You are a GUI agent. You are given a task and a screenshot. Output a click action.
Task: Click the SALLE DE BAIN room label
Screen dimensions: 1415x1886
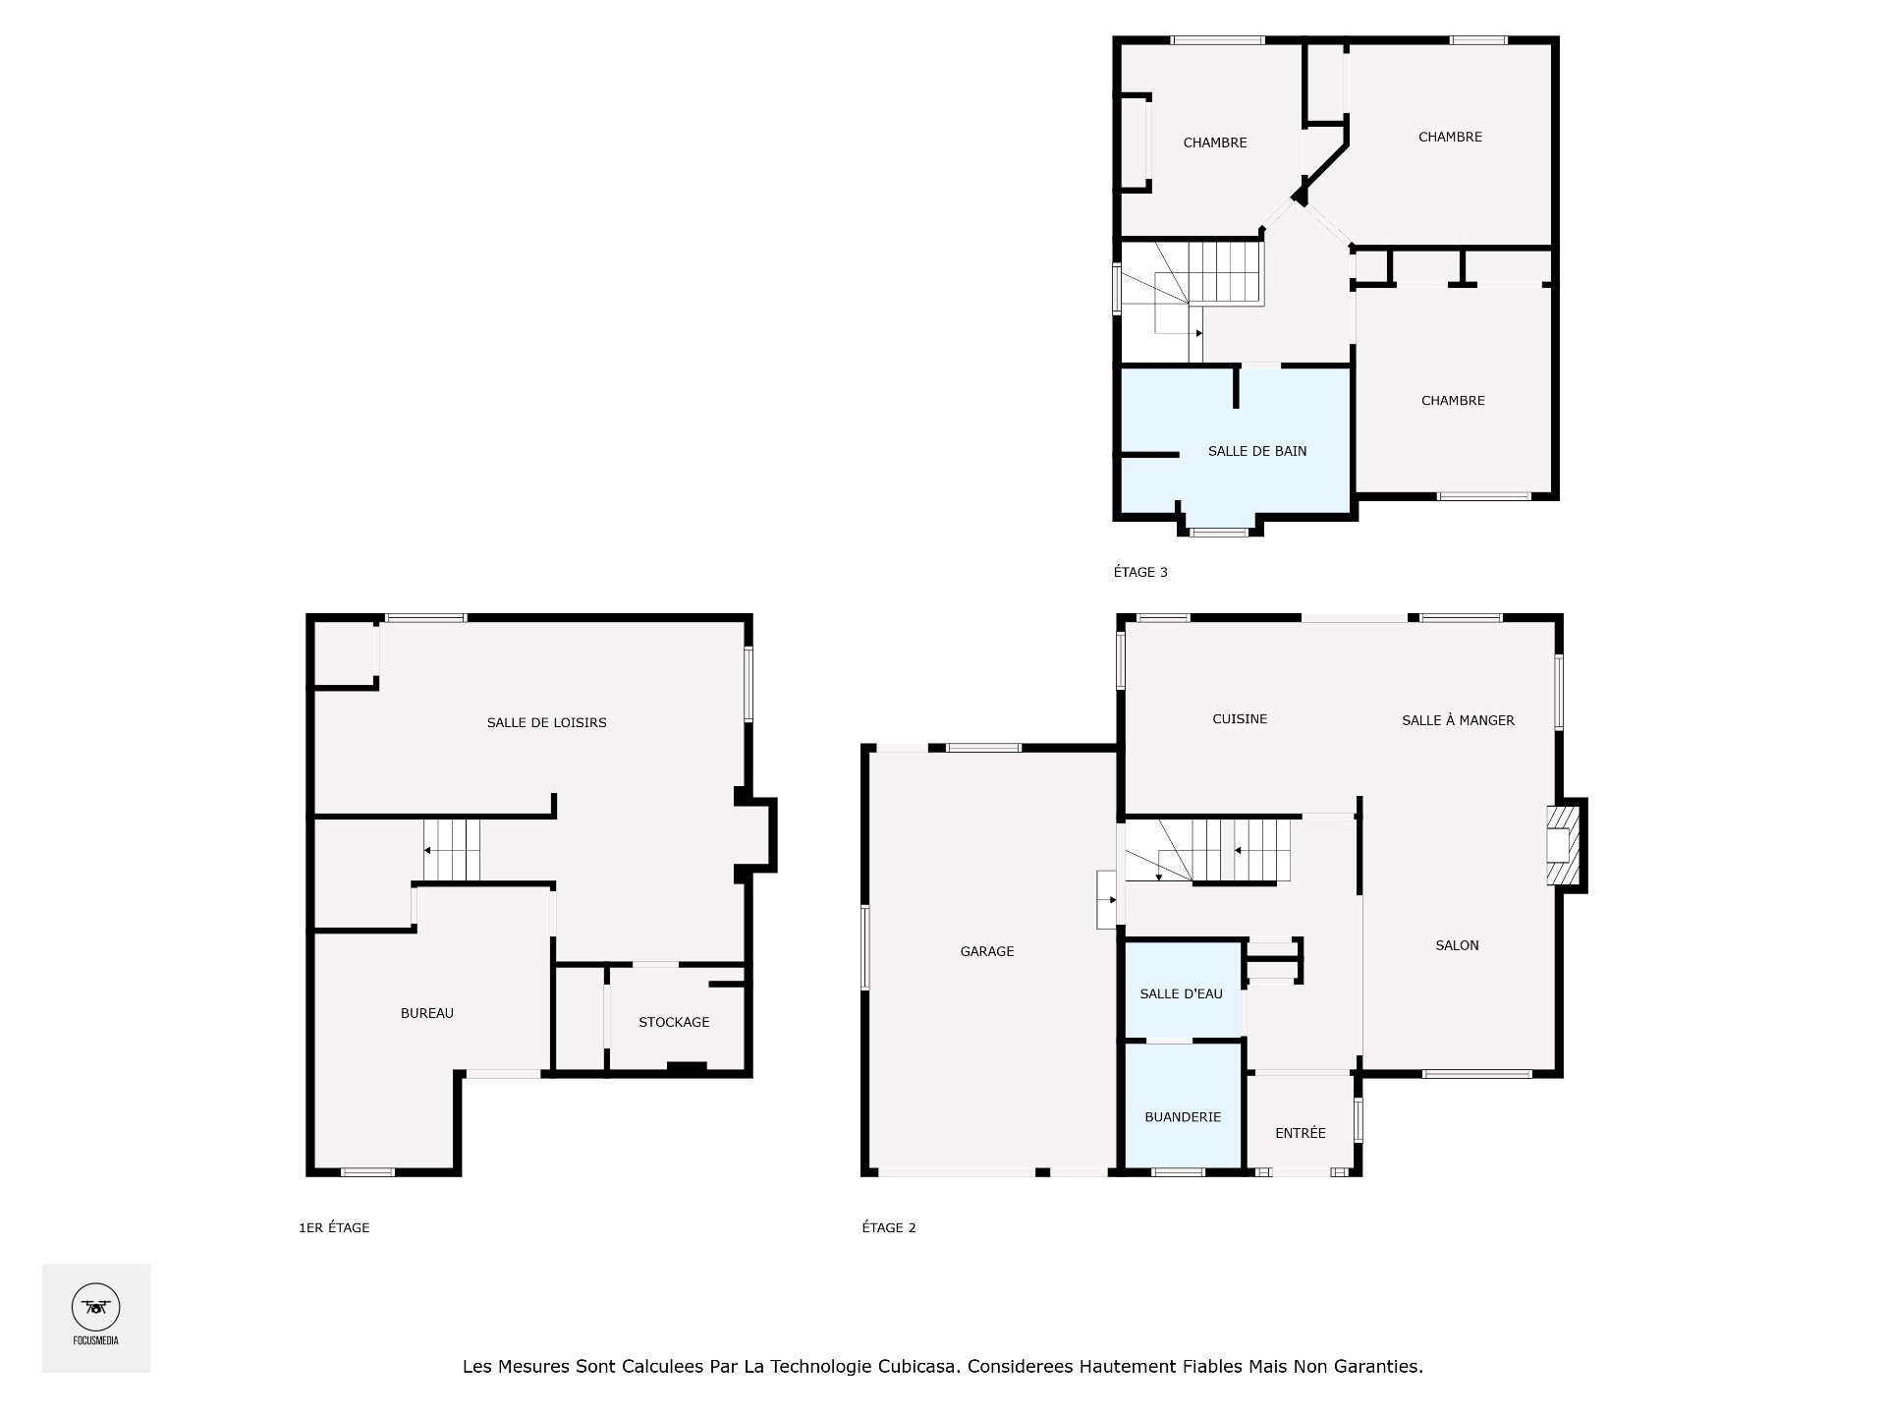coord(1256,451)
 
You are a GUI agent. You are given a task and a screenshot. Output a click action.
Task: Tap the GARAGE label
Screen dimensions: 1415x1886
coord(986,951)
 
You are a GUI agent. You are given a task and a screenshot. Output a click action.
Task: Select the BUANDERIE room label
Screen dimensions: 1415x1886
coord(1182,1117)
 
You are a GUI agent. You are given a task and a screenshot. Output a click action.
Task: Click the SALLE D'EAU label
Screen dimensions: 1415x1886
coord(1181,993)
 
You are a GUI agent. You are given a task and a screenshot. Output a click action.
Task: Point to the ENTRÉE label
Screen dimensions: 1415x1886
coord(1300,1133)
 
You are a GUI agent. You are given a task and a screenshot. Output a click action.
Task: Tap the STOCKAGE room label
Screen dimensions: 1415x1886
coord(673,1022)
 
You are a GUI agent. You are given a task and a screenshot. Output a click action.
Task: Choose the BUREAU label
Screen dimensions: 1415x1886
coord(426,1013)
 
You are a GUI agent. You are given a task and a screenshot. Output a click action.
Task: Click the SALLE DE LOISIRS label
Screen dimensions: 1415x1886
coord(546,722)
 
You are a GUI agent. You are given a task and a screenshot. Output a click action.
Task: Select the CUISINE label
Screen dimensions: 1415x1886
coord(1239,718)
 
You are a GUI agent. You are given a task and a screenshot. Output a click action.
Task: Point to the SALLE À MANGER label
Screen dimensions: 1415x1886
coord(1457,720)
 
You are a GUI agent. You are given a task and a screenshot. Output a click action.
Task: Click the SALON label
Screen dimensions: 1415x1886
coord(1456,945)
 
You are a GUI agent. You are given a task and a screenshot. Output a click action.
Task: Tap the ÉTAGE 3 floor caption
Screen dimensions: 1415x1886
coord(1139,572)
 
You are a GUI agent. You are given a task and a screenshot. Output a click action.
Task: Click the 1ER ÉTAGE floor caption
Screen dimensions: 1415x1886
coord(334,1227)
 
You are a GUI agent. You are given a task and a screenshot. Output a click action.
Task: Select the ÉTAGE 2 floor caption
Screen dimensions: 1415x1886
coord(888,1227)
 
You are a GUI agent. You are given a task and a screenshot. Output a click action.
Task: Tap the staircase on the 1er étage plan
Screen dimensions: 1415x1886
coord(452,850)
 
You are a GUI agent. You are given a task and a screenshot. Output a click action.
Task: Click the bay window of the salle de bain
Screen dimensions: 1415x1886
coord(1219,532)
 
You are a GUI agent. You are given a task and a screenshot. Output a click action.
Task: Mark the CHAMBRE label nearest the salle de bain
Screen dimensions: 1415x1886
coord(1452,400)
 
